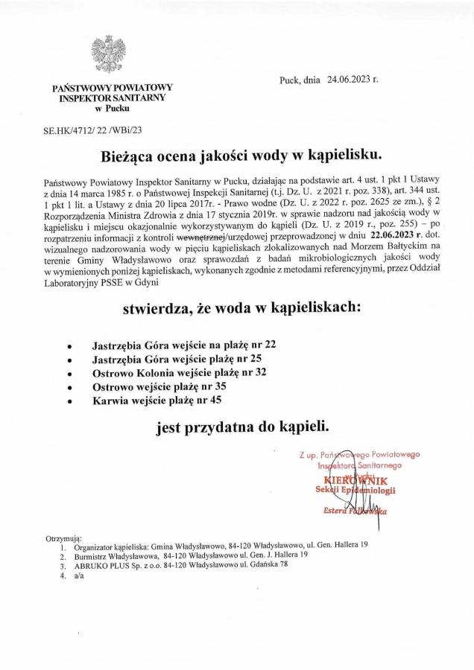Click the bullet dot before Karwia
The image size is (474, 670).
coord(69,401)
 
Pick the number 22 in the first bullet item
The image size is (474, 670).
coord(270,345)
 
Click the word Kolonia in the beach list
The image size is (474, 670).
coord(159,373)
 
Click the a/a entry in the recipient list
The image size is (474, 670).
coord(79,575)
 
